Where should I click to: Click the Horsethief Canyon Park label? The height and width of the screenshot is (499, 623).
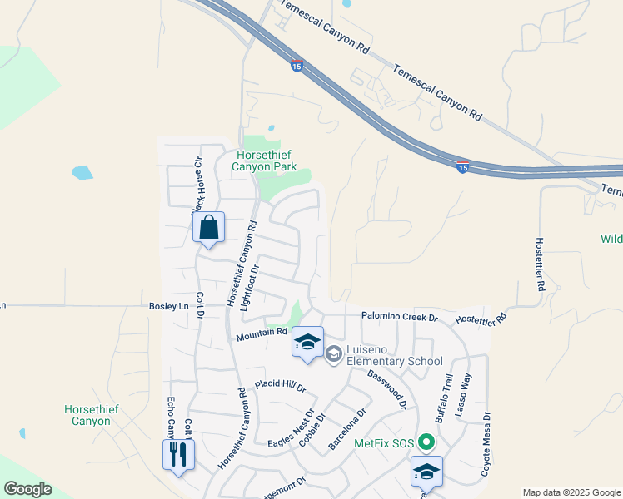point(266,161)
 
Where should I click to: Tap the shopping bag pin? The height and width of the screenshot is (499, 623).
point(208,227)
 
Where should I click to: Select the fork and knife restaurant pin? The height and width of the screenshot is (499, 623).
point(177,454)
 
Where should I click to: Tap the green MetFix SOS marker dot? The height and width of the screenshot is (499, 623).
point(427,442)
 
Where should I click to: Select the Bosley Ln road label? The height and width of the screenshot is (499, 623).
point(169,306)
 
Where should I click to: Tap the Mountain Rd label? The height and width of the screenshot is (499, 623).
point(261,335)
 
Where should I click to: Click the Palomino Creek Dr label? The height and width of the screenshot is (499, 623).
point(400,317)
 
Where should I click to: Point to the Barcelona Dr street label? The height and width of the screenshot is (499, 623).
point(347,429)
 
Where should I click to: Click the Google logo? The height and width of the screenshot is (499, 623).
point(27,489)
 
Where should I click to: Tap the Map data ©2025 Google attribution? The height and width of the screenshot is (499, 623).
point(571,492)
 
